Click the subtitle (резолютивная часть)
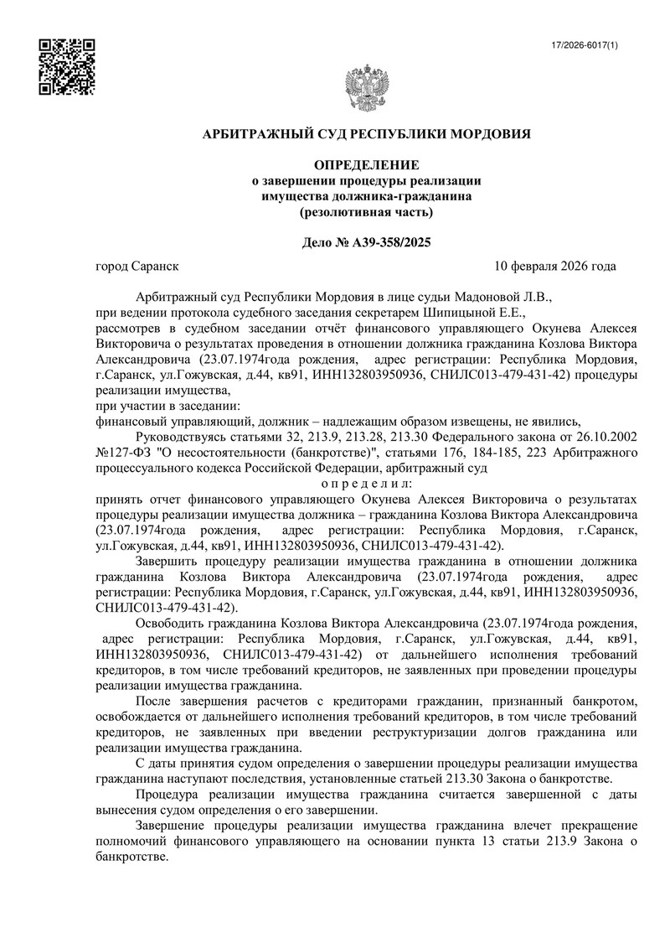(367, 212)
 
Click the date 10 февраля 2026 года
(555, 267)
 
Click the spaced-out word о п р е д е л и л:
(367, 484)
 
